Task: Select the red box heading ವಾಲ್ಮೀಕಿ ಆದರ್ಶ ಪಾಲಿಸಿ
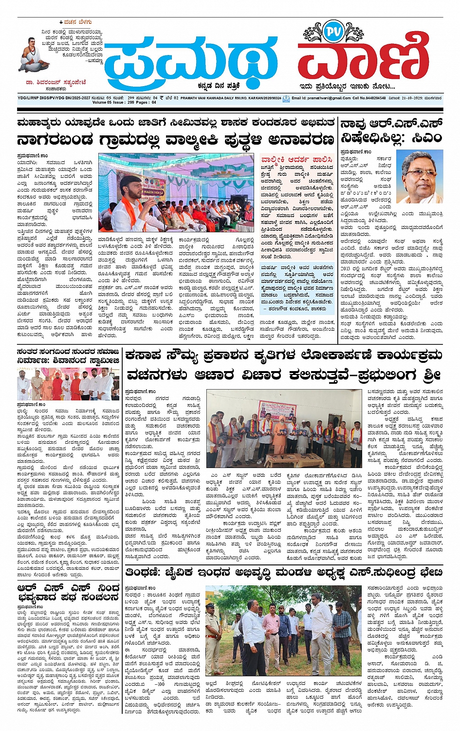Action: [296, 159]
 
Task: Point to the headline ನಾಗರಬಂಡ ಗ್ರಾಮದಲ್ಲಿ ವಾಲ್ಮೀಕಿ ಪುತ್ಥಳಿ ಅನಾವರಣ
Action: [175, 140]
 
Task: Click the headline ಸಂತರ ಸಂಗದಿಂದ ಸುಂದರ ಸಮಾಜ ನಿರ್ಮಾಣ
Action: [68, 356]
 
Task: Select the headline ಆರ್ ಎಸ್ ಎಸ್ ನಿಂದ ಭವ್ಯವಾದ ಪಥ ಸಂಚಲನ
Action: [68, 593]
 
